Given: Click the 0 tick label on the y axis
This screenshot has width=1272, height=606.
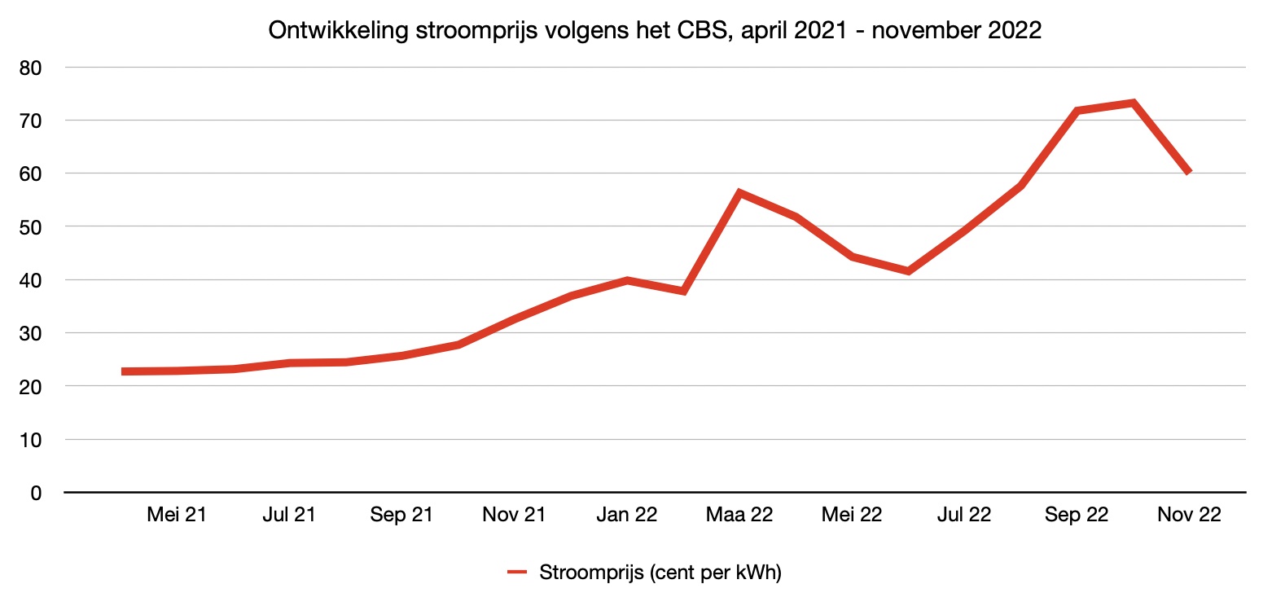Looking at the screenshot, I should pos(35,493).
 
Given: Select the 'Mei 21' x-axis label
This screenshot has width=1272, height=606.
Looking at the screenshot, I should pos(177,516).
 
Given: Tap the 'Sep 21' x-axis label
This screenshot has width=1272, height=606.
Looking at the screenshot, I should pos(401,516).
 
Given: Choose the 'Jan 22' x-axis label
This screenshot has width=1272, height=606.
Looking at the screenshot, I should pos(626,516).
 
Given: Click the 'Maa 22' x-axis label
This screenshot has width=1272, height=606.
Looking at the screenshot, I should pos(739,516).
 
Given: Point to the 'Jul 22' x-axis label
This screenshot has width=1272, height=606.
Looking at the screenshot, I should pos(964,516).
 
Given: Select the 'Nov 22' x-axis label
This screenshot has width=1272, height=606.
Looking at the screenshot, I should pos(1189,516).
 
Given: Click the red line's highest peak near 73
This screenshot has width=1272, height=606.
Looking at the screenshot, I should pos(1133,103).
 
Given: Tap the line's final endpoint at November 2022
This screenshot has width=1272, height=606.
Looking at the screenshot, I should pos(1189,172).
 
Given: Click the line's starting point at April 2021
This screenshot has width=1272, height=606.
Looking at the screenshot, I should pos(123,371).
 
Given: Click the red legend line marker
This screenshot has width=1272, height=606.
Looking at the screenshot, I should pos(518,573).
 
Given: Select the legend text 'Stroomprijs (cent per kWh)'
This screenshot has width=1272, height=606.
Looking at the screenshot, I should pos(660,573).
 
